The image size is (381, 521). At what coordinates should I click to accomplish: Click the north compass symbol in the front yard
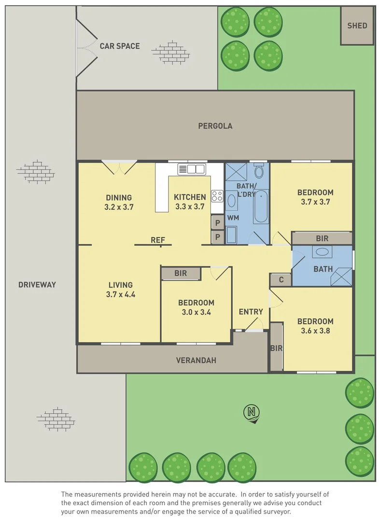[251, 412]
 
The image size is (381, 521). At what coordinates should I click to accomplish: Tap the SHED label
[357, 26]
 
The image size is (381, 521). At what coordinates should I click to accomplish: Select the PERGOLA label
[215, 126]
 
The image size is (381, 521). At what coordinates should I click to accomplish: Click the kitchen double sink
[192, 169]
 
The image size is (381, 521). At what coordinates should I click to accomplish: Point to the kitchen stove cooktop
[217, 196]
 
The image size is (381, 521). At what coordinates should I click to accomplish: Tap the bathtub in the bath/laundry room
[261, 206]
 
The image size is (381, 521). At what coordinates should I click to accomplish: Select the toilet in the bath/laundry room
[259, 171]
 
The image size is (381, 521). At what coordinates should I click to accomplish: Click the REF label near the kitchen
[158, 240]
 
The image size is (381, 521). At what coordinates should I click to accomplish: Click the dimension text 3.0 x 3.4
[196, 312]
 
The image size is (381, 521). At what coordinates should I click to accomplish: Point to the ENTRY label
[251, 312]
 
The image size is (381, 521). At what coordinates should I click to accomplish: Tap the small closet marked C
[281, 280]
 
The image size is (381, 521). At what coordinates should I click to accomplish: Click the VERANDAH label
[196, 360]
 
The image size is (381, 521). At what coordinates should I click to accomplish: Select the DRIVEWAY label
[37, 285]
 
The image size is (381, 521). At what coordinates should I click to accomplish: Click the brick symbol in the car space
[171, 52]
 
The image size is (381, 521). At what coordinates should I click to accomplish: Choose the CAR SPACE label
[120, 46]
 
